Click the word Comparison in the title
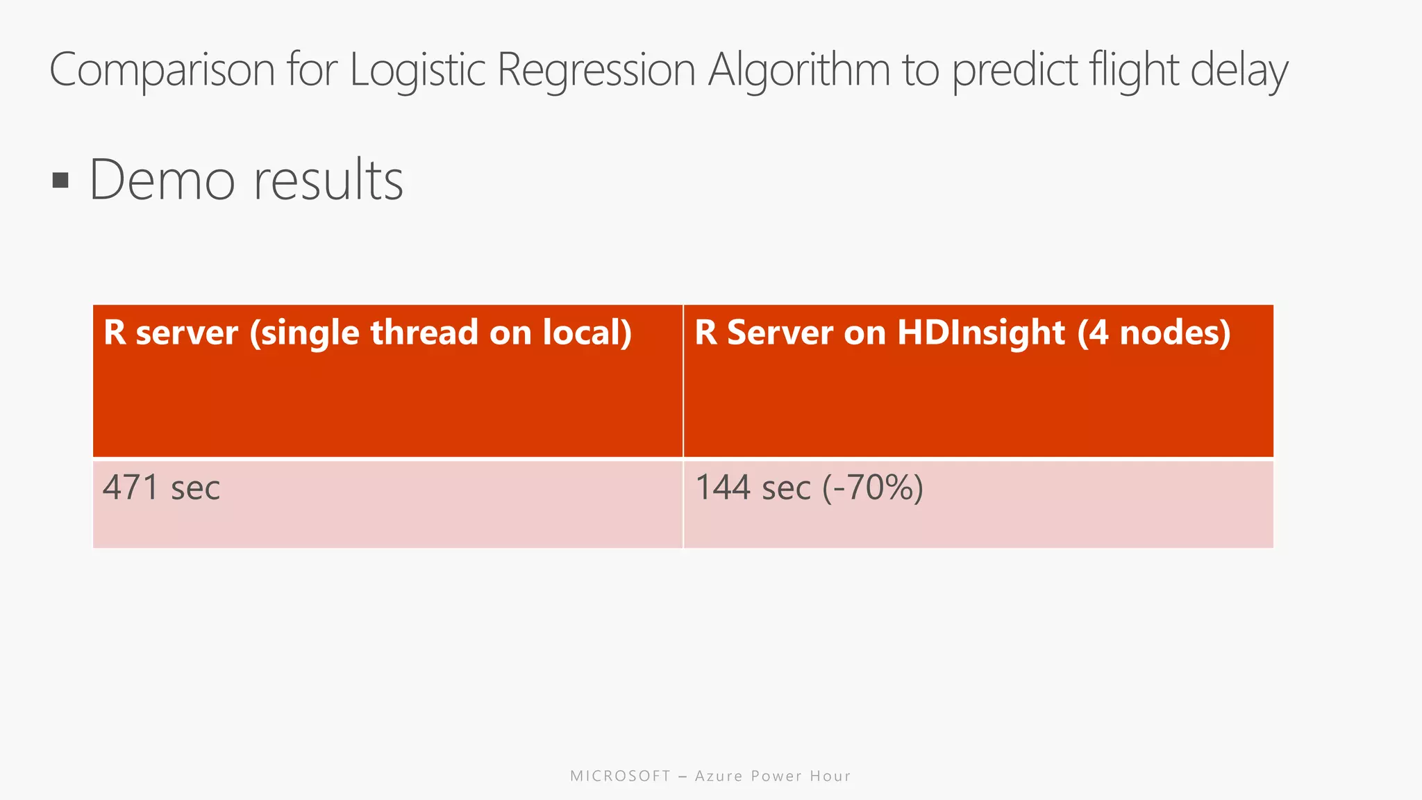[162, 70]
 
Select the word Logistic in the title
[417, 70]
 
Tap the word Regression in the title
[596, 70]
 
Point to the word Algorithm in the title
[798, 70]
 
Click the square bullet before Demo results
[60, 181]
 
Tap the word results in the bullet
[328, 180]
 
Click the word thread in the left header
[424, 333]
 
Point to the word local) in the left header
[587, 333]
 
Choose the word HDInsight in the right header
[980, 333]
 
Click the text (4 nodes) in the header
[1154, 333]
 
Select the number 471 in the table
[131, 487]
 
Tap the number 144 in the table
[723, 487]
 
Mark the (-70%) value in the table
[873, 487]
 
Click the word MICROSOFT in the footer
[620, 776]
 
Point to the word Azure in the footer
[719, 776]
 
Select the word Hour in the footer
[830, 776]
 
